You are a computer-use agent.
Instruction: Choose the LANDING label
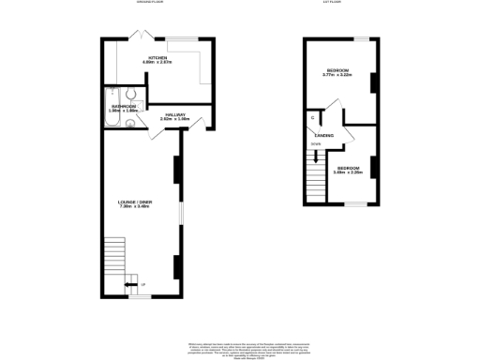coord(324,136)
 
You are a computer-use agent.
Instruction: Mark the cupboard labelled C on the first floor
coord(312,116)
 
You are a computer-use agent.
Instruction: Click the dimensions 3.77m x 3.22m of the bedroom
coord(337,75)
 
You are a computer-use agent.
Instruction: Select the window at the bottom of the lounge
coord(140,297)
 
